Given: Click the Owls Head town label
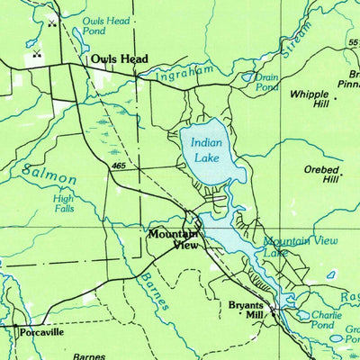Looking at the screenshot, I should (x=119, y=59).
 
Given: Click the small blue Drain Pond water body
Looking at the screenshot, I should (x=247, y=77).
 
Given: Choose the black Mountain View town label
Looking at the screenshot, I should (x=173, y=238).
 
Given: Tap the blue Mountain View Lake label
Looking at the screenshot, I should (x=286, y=247).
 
